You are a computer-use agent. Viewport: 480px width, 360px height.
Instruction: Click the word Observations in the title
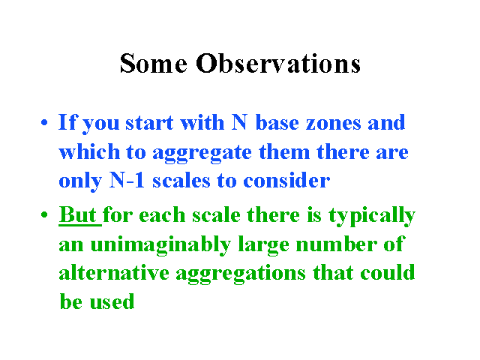[278, 63]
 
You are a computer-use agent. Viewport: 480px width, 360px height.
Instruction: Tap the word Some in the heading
[153, 63]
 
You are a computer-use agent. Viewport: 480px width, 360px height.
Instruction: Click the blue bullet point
[44, 122]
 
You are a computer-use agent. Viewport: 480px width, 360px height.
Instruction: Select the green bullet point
[44, 214]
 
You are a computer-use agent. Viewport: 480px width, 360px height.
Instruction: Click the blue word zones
[334, 123]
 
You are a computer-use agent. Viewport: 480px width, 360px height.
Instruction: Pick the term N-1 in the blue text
[127, 180]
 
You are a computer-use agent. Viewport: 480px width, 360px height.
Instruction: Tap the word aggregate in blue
[202, 152]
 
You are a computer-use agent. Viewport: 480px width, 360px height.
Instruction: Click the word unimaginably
[160, 245]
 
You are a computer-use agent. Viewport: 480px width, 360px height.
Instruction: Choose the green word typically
[372, 216]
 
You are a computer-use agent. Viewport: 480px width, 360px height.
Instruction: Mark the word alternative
[114, 272]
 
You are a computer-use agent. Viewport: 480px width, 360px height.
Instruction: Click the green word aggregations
[241, 274]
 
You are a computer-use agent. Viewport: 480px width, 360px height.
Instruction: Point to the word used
[112, 301]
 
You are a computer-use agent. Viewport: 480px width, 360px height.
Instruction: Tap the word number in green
[337, 244]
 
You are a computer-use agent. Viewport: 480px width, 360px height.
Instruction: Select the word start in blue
[149, 123]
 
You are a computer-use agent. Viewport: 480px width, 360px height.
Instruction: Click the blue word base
[277, 122]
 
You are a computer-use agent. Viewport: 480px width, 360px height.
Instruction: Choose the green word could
[387, 272]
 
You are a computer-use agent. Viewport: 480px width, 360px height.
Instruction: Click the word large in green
[263, 245]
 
